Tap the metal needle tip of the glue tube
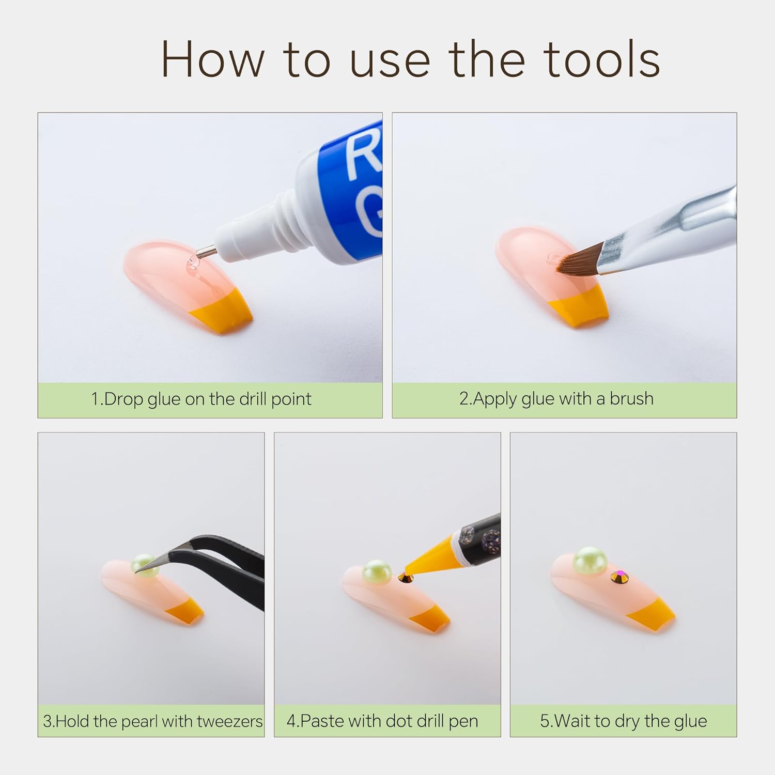point(207,252)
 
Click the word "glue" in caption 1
point(163,399)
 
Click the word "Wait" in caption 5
point(579,721)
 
